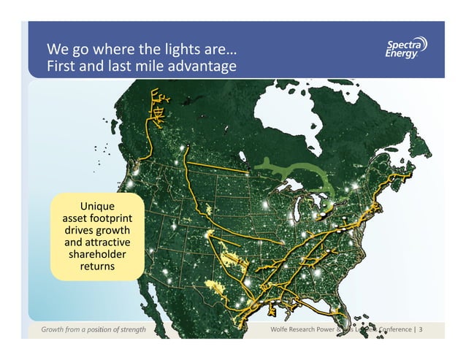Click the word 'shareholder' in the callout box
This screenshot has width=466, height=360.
pos(97,255)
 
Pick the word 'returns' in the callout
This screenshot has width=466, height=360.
pos(97,267)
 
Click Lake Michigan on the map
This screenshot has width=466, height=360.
pos(300,216)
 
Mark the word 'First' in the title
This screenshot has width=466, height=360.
pos(61,68)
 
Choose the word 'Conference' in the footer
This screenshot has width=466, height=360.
pos(393,331)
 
